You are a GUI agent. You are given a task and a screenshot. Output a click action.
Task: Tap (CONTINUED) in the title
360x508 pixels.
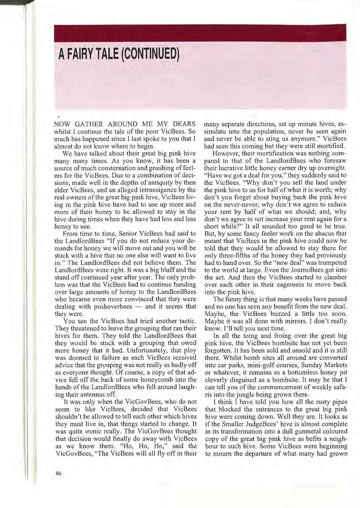click(x=148, y=53)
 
